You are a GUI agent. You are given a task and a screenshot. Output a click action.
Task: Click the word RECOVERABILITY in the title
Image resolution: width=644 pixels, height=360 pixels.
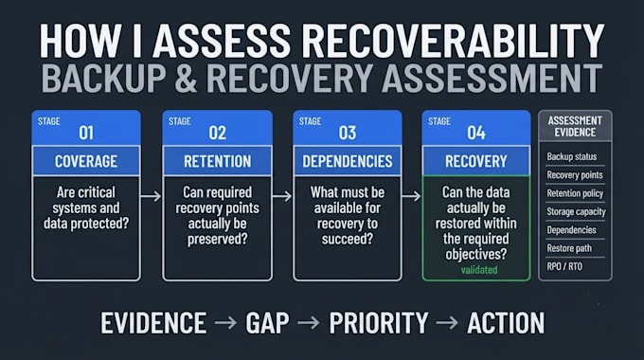click(x=453, y=41)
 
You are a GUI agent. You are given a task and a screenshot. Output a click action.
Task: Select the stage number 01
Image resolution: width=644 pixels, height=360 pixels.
click(x=86, y=133)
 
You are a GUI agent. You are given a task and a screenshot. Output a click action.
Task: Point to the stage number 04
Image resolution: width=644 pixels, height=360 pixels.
click(x=476, y=133)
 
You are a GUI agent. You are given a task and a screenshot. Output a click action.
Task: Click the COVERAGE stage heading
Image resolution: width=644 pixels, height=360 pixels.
click(x=86, y=161)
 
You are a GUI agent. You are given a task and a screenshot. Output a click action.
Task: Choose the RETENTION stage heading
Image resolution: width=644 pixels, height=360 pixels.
click(x=217, y=161)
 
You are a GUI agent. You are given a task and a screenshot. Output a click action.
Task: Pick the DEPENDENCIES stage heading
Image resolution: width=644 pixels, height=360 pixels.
click(x=348, y=161)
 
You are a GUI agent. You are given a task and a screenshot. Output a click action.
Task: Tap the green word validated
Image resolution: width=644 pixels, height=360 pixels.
click(x=479, y=270)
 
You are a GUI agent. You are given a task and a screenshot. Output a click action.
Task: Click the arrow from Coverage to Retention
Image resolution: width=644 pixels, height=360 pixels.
click(x=151, y=196)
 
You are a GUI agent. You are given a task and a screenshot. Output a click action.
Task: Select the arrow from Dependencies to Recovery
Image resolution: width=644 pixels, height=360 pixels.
click(x=412, y=196)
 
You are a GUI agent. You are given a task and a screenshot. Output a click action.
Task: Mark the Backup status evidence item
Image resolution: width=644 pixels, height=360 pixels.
click(x=572, y=156)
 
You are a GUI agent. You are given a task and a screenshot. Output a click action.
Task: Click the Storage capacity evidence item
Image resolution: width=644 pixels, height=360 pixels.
click(x=576, y=211)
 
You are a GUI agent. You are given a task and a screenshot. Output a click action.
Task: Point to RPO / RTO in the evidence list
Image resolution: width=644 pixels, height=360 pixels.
click(x=564, y=266)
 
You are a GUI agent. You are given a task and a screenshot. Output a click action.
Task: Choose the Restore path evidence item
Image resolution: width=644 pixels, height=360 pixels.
click(x=569, y=248)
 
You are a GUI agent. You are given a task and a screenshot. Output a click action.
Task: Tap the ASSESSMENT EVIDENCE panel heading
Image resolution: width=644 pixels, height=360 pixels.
click(x=575, y=126)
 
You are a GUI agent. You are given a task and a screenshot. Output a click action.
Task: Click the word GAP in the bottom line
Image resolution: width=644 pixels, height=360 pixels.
click(x=267, y=323)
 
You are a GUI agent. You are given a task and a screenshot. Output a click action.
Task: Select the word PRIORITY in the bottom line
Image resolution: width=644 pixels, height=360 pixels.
click(x=379, y=323)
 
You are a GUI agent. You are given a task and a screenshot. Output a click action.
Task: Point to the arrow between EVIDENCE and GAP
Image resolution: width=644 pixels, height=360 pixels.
click(x=225, y=323)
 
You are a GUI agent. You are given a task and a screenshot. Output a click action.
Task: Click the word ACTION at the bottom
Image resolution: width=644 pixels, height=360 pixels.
click(x=506, y=323)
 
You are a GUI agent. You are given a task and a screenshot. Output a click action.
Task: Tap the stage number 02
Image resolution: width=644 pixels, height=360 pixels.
click(x=217, y=133)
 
